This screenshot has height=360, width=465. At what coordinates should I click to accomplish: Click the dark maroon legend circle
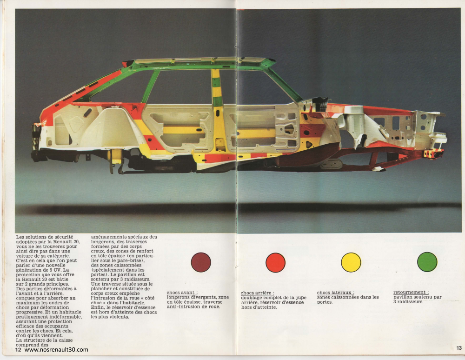201,262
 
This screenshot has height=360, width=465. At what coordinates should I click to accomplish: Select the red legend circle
275,262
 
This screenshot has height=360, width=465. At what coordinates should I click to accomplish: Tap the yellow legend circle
351,262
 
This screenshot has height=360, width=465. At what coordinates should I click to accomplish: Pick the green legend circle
427,262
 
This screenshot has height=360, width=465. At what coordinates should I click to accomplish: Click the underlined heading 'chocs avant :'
182,293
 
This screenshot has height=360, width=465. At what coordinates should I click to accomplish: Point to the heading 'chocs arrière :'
258,293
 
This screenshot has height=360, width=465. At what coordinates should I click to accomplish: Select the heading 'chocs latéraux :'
335,293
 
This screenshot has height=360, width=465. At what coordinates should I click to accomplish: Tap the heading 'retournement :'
411,292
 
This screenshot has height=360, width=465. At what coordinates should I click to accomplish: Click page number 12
19,350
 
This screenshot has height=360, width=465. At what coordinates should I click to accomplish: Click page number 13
459,348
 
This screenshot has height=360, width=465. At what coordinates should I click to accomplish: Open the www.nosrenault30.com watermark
56,350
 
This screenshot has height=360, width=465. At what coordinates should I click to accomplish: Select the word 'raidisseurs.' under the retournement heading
411,301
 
